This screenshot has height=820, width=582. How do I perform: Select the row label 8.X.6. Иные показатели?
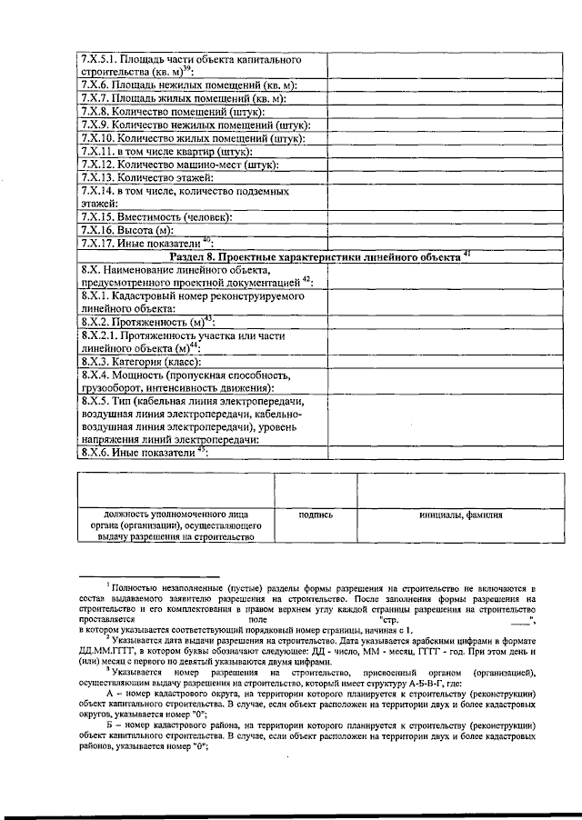coord(145,452)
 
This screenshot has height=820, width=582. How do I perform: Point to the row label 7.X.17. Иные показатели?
coord(146,243)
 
